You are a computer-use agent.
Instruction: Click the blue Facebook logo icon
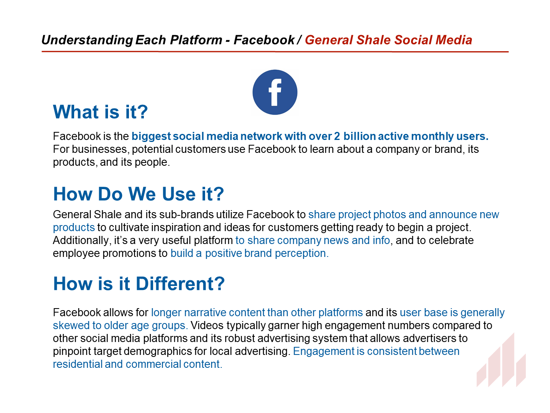click(x=275, y=92)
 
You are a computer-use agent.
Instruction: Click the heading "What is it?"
click(x=100, y=112)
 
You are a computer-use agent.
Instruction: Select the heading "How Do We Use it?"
click(x=138, y=194)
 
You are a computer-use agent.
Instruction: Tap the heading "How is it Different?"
click(x=139, y=284)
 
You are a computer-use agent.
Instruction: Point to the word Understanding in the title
click(x=87, y=40)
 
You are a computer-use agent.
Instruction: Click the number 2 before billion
click(x=337, y=136)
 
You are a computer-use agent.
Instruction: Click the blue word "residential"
click(x=77, y=364)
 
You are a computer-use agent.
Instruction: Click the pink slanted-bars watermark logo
click(x=501, y=360)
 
